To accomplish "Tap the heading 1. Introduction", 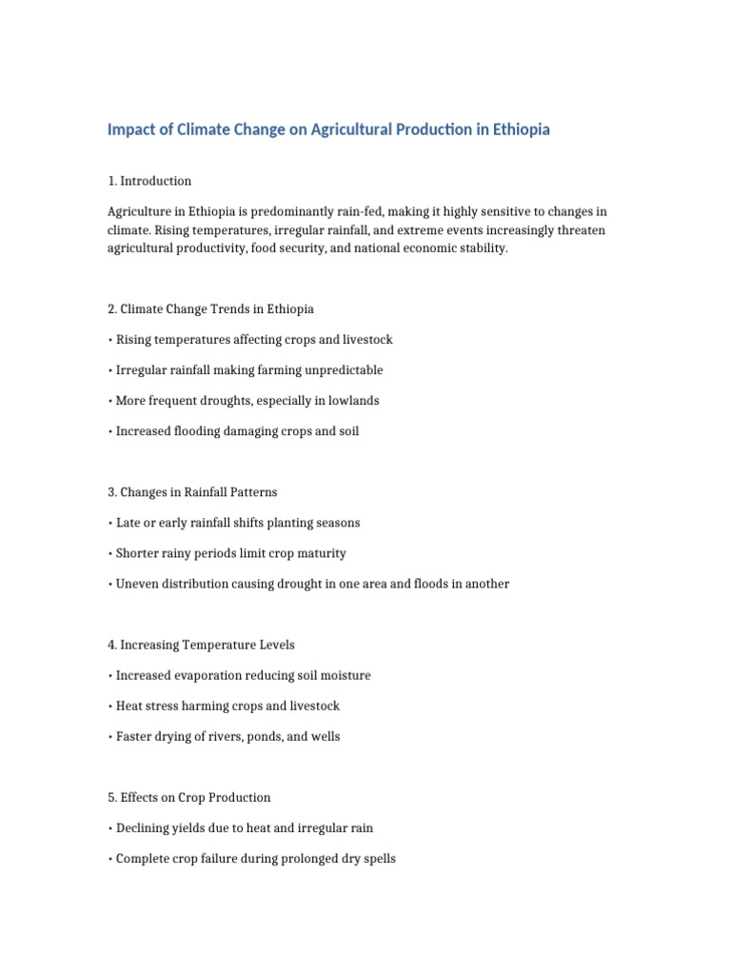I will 149,181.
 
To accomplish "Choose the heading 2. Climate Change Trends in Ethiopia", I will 210,308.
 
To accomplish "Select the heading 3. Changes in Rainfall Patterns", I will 192,492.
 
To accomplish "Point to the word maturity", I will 322,553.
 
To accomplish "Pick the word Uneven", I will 136,584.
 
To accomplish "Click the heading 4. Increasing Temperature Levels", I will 201,645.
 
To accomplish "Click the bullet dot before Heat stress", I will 110,706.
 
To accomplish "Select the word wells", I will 324,736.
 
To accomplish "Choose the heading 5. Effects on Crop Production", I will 188,797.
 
